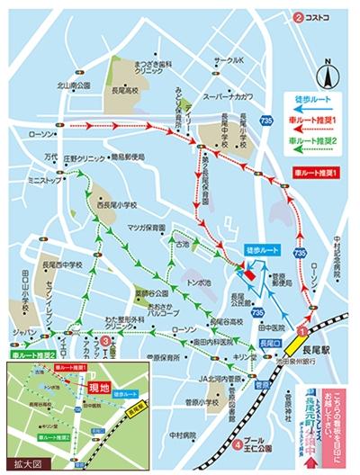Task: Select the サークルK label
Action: [229, 60]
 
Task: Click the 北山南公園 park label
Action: [76, 86]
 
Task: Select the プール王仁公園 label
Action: [260, 444]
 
